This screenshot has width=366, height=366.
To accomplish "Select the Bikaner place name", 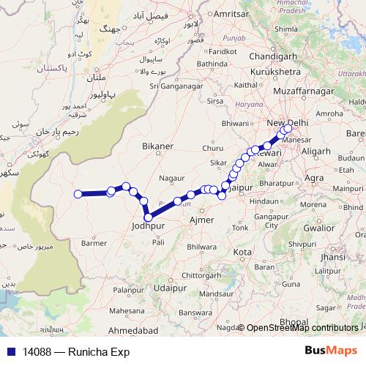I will click(x=157, y=146).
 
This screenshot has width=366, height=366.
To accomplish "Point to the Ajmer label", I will click(x=201, y=220).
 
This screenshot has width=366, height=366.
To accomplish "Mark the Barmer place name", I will click(x=94, y=243).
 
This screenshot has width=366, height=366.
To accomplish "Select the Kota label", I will click(x=242, y=252).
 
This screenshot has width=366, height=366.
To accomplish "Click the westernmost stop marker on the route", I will click(x=78, y=194).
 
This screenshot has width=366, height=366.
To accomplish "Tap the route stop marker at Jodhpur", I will click(x=149, y=217).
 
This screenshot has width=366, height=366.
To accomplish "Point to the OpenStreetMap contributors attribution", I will click(x=300, y=329).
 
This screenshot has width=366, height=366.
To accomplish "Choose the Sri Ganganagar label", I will click(x=175, y=86).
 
